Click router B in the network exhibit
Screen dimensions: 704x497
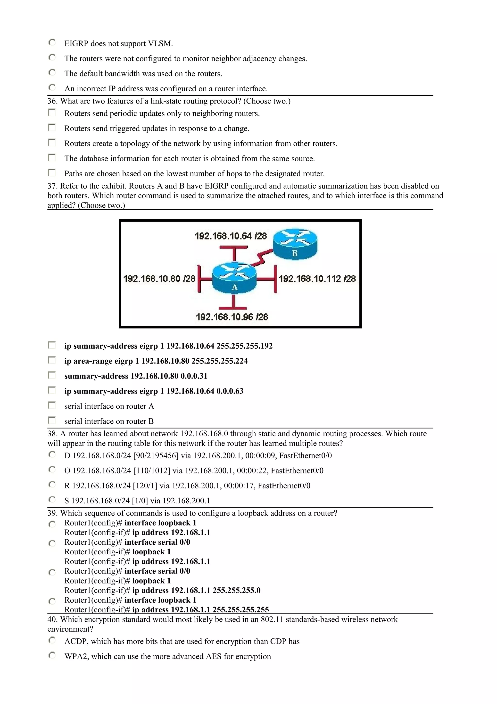tap(295, 244)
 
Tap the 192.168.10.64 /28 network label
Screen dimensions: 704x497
tap(231, 236)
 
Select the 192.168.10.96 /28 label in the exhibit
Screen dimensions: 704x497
tap(232, 317)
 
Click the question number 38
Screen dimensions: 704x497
tap(52, 434)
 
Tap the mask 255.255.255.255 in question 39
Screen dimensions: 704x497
tap(241, 610)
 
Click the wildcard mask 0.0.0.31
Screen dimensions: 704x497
tap(194, 376)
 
